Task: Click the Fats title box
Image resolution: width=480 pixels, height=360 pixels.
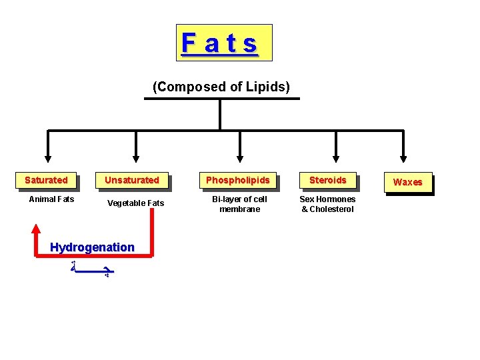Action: point(224,43)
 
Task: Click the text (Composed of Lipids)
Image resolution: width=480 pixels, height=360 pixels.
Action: point(221,87)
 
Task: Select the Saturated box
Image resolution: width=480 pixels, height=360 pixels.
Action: point(46,180)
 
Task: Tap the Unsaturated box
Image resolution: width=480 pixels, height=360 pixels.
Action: point(132,180)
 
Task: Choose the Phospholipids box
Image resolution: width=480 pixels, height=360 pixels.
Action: point(238,180)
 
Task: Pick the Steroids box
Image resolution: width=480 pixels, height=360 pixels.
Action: point(327,180)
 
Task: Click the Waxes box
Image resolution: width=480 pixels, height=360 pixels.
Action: point(407,182)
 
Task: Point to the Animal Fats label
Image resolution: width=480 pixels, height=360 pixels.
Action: point(52,199)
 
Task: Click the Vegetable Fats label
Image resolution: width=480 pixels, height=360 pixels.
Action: point(135,203)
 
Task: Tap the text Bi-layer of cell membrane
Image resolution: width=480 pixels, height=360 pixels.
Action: point(239,204)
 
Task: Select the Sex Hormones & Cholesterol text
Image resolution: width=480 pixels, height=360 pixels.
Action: point(327,204)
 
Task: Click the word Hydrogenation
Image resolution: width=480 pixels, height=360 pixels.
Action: point(92,247)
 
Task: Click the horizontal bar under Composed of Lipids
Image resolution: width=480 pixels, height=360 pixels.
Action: point(222,99)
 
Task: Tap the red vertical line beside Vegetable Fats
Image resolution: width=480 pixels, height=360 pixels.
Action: point(152,233)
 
